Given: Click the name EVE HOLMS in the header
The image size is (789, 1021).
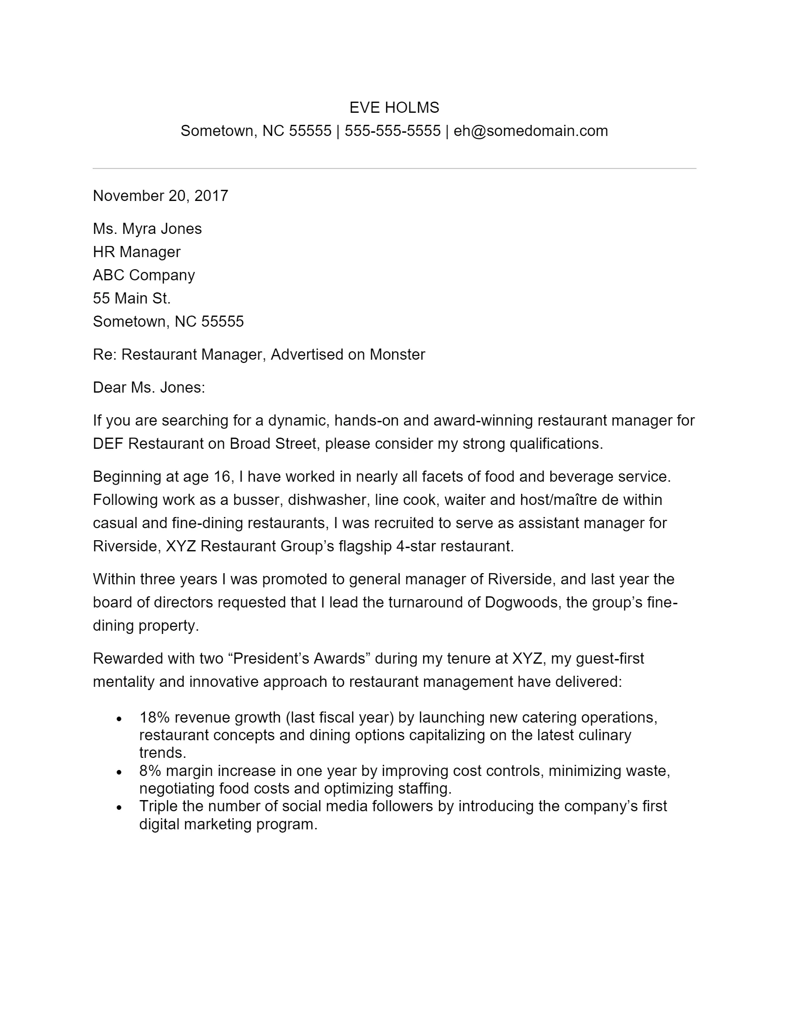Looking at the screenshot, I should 394,108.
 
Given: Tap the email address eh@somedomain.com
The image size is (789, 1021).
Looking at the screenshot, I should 530,131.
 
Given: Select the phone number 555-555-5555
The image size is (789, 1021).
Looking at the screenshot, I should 392,131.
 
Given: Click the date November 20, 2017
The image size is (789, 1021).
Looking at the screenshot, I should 160,195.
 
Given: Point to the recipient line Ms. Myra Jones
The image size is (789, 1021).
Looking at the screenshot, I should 147,229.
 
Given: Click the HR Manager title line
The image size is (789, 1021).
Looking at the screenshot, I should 136,252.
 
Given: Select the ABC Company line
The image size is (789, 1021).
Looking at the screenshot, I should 143,275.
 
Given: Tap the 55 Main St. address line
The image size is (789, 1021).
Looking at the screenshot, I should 132,298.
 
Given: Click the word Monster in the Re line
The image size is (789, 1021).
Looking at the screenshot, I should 397,355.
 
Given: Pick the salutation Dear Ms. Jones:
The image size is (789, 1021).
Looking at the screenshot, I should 149,388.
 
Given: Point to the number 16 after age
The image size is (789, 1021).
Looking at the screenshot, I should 222,476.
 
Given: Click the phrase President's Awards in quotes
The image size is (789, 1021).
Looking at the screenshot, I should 299,658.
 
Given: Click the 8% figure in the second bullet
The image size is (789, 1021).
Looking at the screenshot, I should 150,770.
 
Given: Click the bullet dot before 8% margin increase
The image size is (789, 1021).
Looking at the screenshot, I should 119,772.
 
